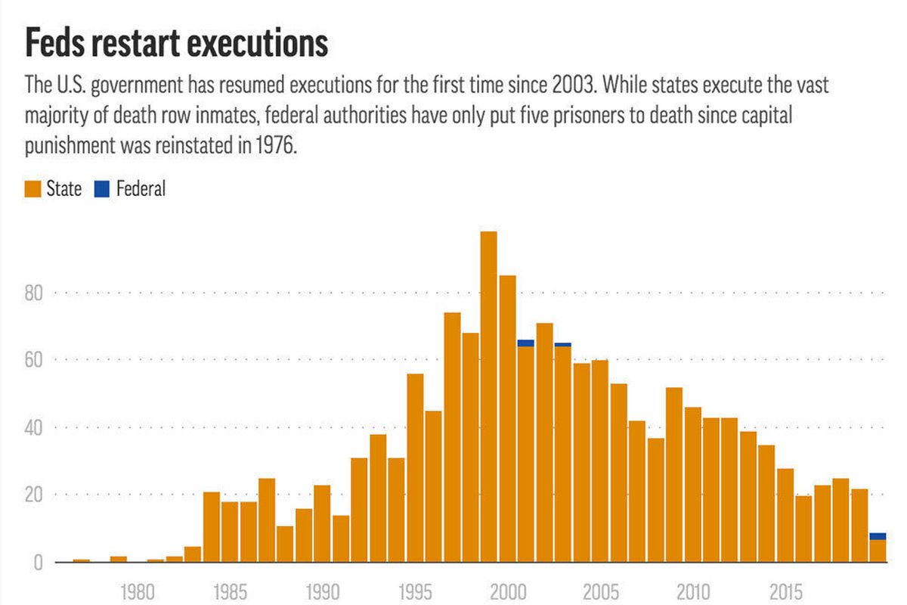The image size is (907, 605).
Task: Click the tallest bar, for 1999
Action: click(x=489, y=397)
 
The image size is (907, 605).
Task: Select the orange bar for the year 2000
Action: click(x=508, y=420)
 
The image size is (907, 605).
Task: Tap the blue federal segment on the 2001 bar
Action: click(x=526, y=343)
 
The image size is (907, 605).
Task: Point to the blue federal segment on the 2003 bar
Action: click(x=563, y=344)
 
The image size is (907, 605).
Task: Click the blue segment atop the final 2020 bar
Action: click(x=878, y=536)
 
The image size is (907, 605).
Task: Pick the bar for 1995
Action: click(x=415, y=469)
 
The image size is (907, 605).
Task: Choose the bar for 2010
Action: click(x=693, y=485)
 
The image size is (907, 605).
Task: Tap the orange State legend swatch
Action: click(x=33, y=189)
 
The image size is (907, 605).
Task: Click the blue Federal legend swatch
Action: click(x=102, y=189)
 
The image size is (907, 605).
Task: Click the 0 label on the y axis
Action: click(x=38, y=563)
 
